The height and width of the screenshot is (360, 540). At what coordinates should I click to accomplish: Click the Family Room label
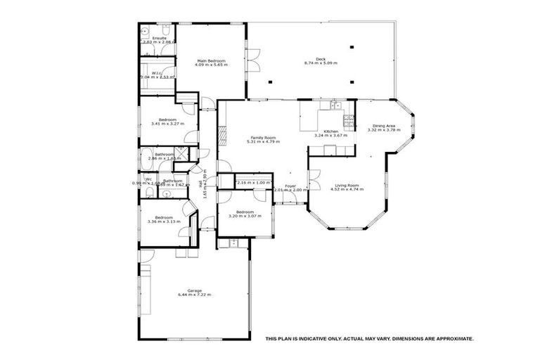pos(263,137)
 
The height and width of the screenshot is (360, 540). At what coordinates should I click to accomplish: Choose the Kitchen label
pos(331,131)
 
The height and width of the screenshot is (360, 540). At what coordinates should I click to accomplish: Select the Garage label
pos(195,290)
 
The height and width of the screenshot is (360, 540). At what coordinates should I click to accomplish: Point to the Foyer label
pos(290,186)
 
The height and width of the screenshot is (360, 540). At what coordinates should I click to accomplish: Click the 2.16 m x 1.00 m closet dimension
pos(253,183)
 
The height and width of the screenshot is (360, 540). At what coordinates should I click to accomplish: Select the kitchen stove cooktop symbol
pos(334,106)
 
